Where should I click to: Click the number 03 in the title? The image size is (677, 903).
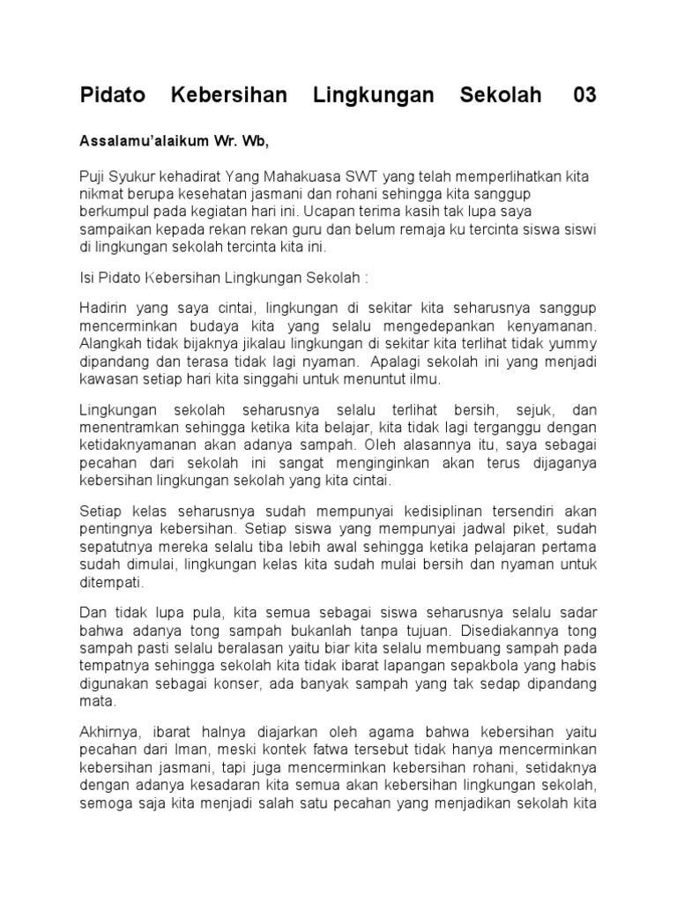pos(584,95)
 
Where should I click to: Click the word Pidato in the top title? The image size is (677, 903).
pos(111,95)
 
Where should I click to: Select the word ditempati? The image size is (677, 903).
pos(110,581)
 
